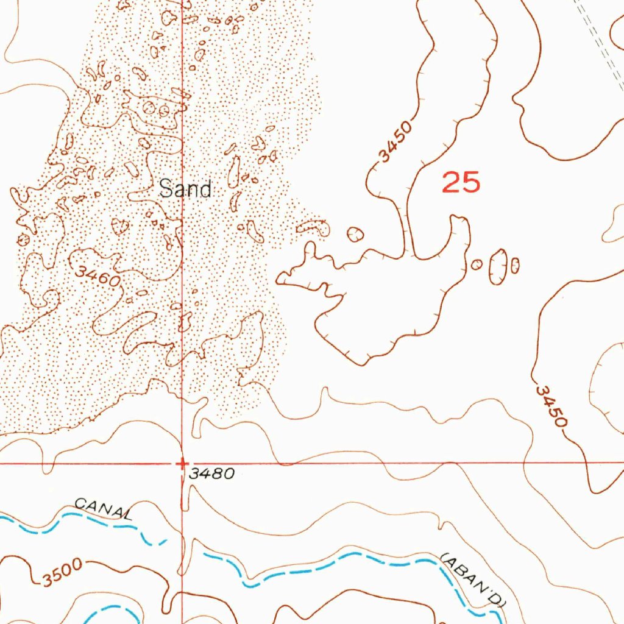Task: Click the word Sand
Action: pos(185,190)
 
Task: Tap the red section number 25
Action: pos(461,182)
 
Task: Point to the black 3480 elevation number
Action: pos(211,473)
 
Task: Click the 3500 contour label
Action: pos(62,574)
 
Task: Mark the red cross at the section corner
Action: pos(182,464)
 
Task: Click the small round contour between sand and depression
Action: pos(355,234)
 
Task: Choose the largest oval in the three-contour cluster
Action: pos(498,267)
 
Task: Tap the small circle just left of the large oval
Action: pos(477,264)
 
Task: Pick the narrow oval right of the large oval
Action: pos(515,265)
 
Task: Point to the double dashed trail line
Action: pos(600,37)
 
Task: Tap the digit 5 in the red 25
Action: pos(471,182)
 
